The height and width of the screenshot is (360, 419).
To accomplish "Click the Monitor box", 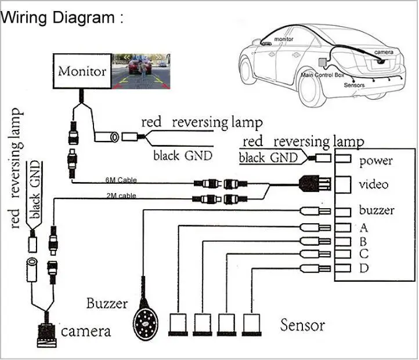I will (82, 72).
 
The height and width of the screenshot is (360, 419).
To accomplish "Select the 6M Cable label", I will (121, 180).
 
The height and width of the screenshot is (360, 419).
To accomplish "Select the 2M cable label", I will (121, 196).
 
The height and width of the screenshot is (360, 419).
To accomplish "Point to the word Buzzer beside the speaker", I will (107, 303).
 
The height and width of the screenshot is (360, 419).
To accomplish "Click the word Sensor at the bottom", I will (302, 325).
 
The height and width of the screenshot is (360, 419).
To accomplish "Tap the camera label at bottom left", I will (85, 332).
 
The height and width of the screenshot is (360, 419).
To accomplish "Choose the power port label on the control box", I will (375, 161).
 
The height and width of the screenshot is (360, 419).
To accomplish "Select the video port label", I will (374, 185).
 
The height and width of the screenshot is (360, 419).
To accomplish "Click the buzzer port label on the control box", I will (377, 210).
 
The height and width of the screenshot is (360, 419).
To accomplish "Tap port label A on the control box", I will (364, 228).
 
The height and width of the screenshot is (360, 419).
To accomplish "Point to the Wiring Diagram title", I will (62, 17).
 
